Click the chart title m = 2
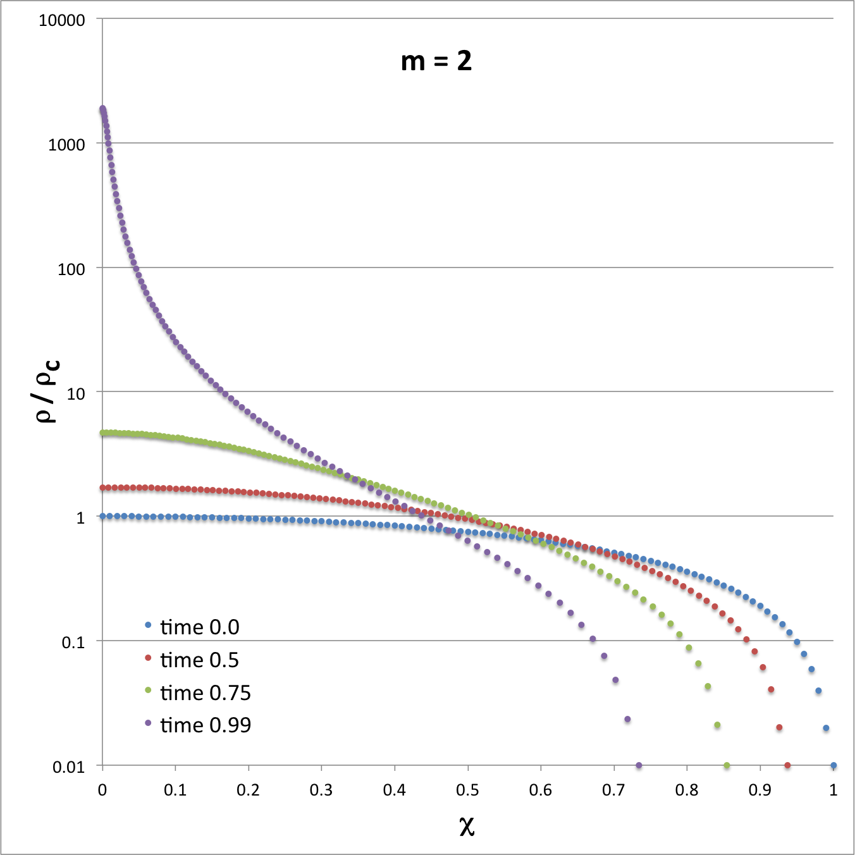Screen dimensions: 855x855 (436, 61)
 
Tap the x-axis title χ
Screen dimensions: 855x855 (467, 825)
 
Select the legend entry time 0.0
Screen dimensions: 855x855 (199, 627)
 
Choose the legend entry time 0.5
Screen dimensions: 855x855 (199, 660)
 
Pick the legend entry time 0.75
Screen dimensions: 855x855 (205, 692)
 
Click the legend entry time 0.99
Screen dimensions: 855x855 (205, 725)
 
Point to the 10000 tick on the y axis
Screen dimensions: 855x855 (61, 20)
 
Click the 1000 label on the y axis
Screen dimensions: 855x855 (66, 145)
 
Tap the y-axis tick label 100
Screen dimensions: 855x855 (71, 269)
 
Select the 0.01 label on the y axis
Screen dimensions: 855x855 (68, 767)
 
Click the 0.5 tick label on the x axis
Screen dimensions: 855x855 (467, 790)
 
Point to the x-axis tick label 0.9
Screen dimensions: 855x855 (760, 790)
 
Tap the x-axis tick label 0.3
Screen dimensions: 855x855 (321, 790)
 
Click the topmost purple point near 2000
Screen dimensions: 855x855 (102, 109)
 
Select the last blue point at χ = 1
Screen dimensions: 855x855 (833, 765)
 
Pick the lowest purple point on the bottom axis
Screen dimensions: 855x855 (639, 765)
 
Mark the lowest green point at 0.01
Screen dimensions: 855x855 (727, 765)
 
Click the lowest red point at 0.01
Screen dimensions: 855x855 (787, 765)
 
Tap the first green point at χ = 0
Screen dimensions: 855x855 (102, 433)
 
